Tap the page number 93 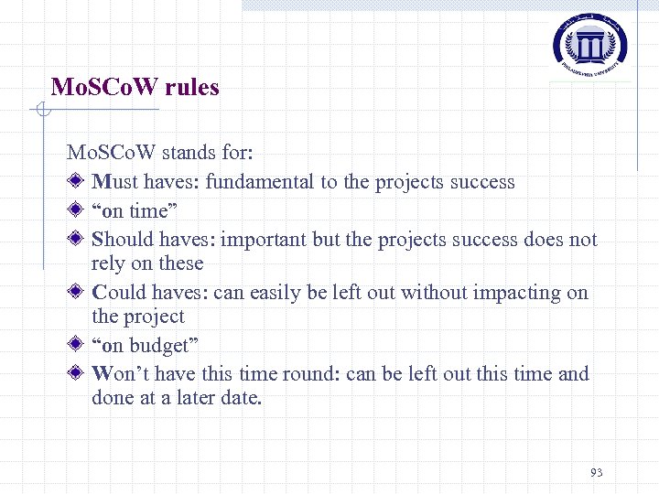click(597, 472)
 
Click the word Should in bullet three click(123, 240)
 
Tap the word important click(264, 240)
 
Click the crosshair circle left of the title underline click(39, 112)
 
